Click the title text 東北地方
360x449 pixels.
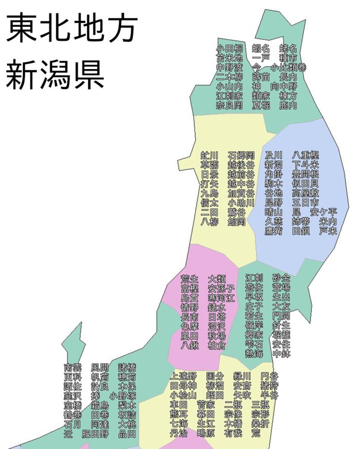[x=71, y=28]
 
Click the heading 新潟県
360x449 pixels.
[x=55, y=75]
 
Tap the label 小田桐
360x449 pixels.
[x=229, y=48]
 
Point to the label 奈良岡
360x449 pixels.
[x=229, y=106]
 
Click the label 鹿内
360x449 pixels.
[x=287, y=106]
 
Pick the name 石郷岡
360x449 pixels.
[x=241, y=155]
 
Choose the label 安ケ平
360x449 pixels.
[x=323, y=212]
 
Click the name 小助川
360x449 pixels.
[x=241, y=202]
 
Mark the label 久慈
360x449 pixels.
[x=274, y=221]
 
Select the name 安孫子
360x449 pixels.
[x=221, y=288]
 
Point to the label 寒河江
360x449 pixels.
[x=221, y=298]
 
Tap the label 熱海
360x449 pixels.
[x=255, y=353]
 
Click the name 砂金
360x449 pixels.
[x=281, y=278]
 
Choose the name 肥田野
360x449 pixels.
[x=95, y=434]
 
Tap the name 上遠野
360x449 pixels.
[x=183, y=376]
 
